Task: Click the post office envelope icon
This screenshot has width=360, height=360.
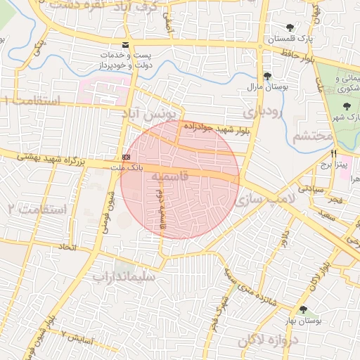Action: (126, 45)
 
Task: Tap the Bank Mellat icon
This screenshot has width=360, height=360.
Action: (126, 157)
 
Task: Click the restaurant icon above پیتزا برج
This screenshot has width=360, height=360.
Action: (334, 153)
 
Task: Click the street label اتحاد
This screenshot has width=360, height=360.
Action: (67, 247)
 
